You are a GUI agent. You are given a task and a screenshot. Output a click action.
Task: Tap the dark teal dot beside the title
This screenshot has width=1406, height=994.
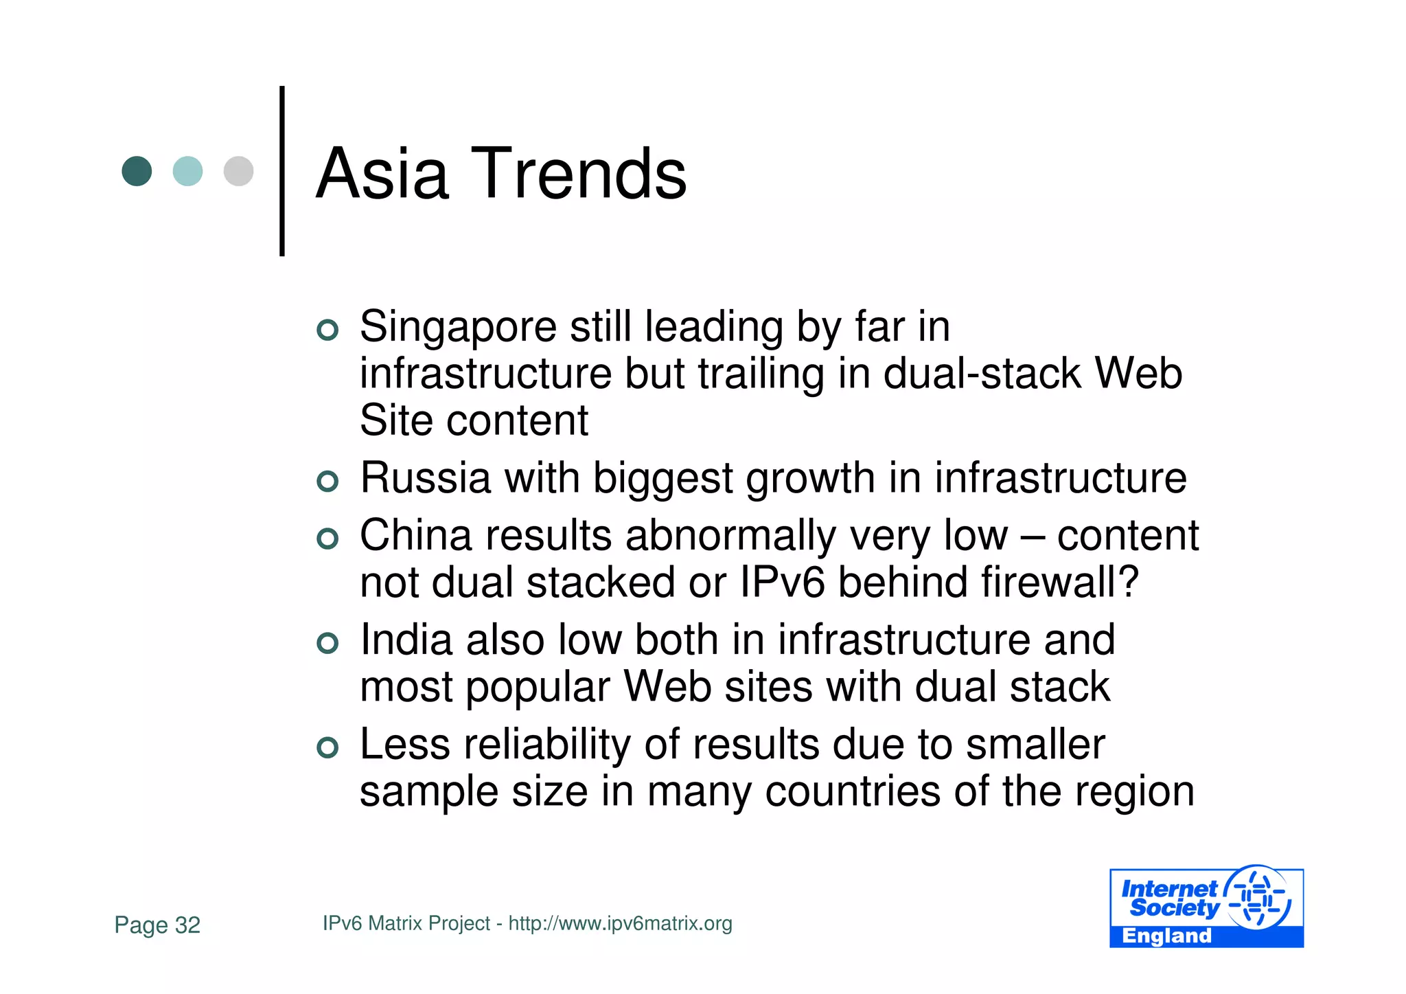coord(137,171)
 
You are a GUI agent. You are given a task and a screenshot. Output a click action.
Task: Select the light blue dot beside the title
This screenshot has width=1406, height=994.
coord(187,171)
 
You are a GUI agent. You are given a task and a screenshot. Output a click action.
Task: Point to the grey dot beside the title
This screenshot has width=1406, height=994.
coord(238,171)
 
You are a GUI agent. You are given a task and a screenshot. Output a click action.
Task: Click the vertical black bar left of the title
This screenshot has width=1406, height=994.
coord(282,171)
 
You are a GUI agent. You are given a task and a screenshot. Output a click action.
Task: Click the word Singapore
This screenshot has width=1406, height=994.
coord(458,327)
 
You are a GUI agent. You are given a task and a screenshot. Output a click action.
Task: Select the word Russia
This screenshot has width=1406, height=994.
coord(426,478)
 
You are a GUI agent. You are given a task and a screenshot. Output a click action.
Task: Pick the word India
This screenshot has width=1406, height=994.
coord(406,640)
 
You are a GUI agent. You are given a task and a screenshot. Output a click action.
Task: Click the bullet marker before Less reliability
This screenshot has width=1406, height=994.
coord(328,747)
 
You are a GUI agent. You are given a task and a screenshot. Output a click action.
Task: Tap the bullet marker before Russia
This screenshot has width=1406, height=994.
coord(328,482)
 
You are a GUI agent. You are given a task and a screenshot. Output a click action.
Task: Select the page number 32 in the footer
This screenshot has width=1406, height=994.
coord(187,925)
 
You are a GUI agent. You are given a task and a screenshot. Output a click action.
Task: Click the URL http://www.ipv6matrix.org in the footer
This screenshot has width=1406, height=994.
coord(620,923)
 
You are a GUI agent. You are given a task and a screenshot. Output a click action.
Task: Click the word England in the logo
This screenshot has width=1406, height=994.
coord(1166,936)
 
